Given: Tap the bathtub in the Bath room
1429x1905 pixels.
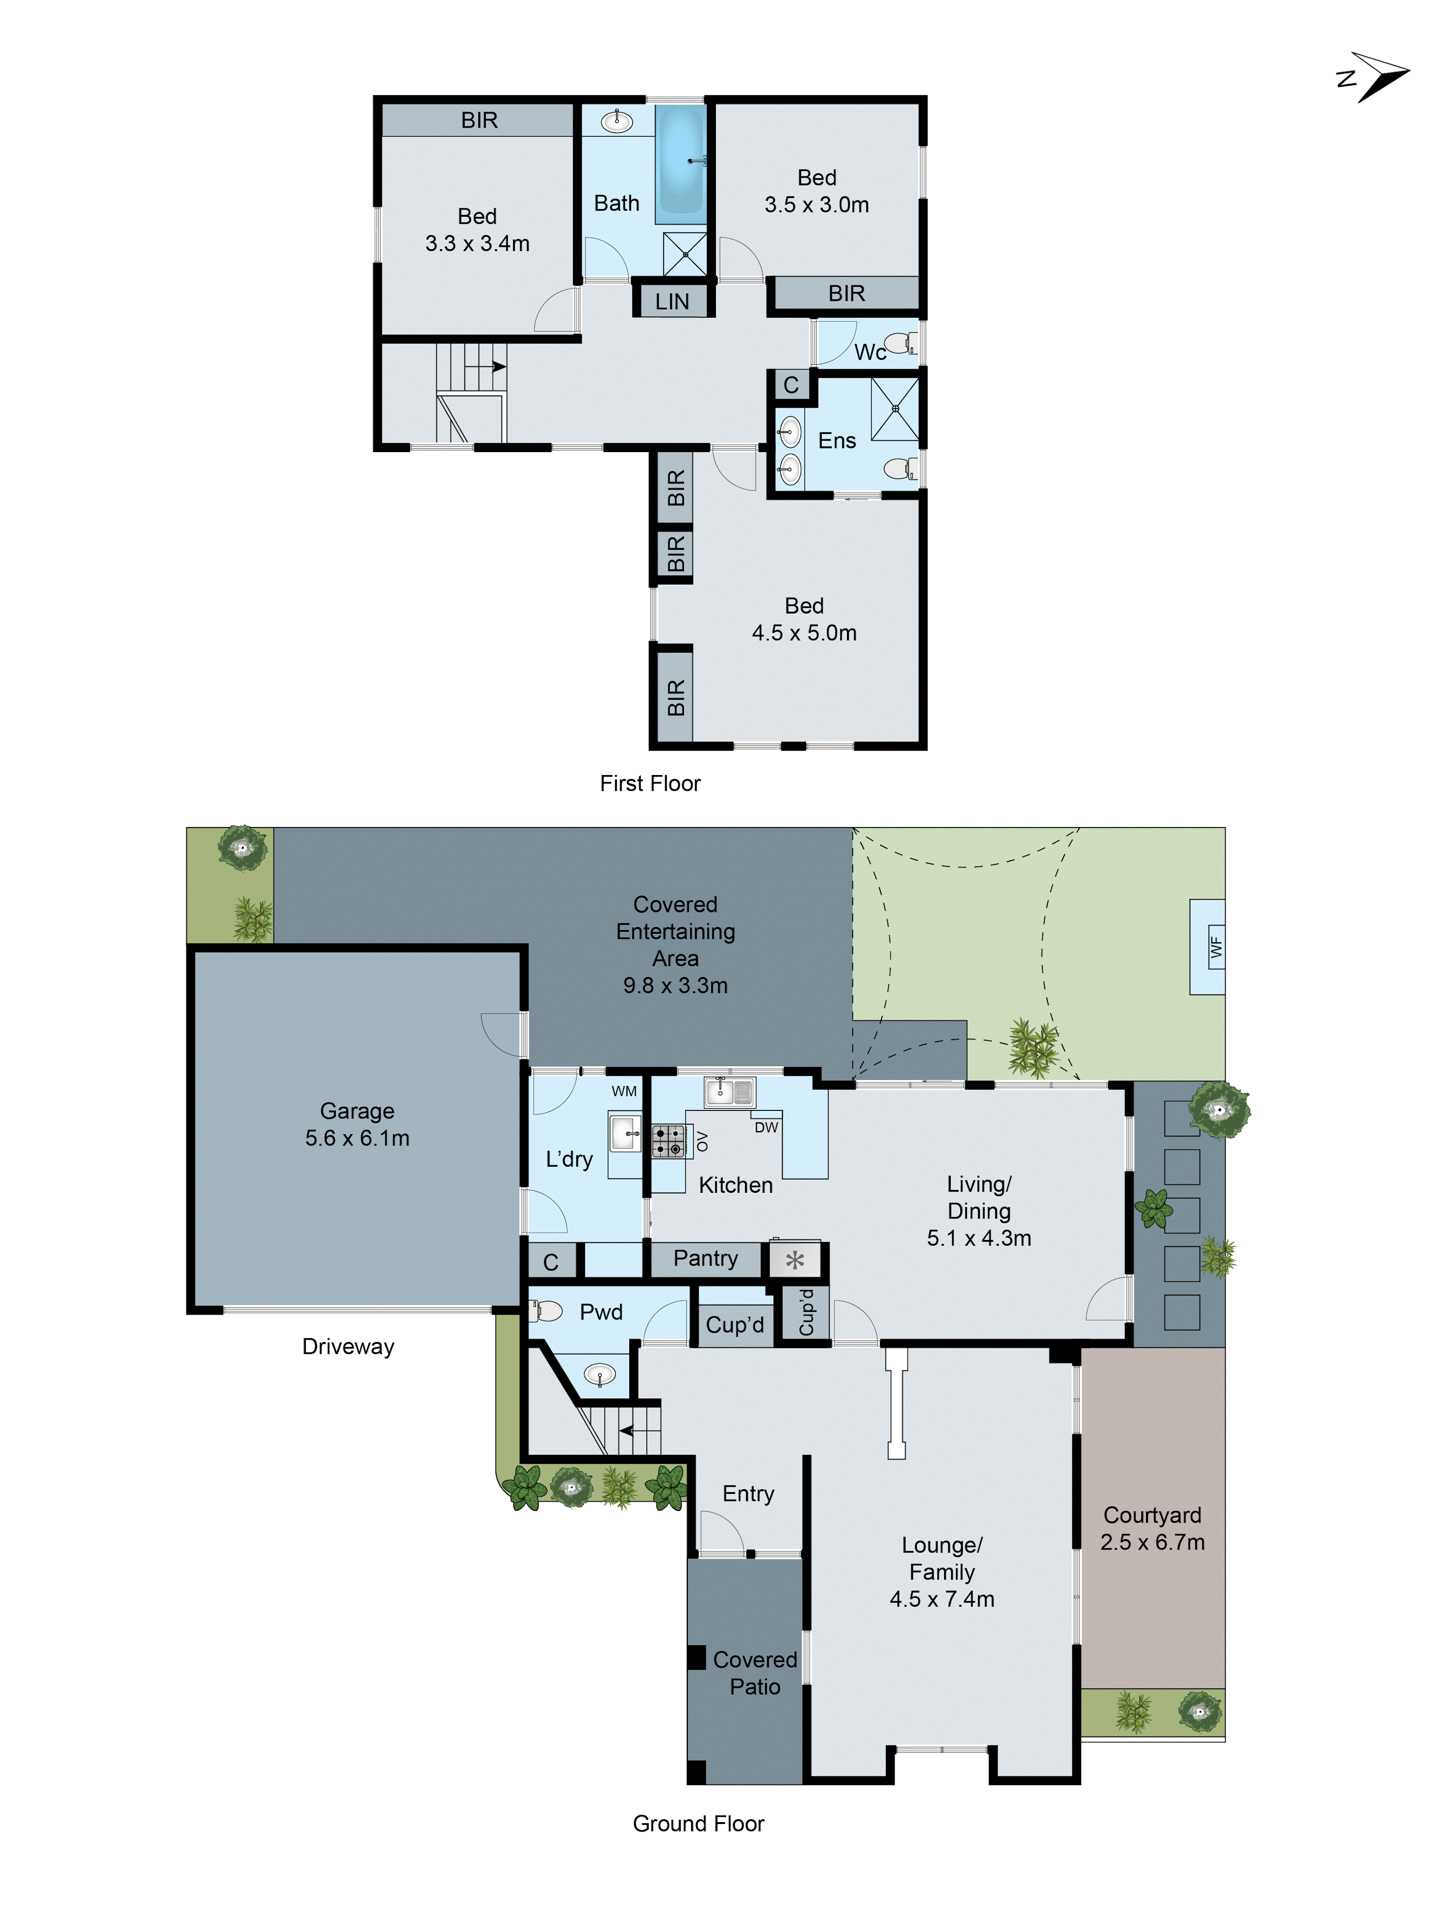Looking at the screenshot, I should tap(681, 162).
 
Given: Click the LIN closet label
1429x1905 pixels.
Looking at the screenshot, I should tap(672, 302).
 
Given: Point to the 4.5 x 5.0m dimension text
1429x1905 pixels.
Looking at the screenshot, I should tap(804, 633).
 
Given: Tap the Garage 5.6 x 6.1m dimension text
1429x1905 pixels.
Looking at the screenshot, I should tap(357, 1138).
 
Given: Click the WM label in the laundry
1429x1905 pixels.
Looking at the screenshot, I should tap(624, 1091).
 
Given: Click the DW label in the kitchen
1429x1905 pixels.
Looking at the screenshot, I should tap(766, 1127).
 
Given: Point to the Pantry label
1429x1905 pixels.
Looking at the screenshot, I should tap(705, 1258).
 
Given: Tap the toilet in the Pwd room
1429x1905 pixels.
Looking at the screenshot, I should tap(545, 1311).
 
